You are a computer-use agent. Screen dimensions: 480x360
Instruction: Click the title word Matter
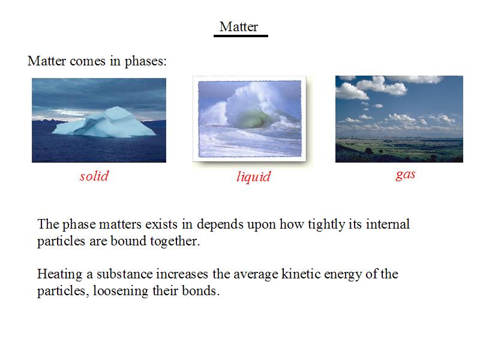pyautogui.click(x=239, y=26)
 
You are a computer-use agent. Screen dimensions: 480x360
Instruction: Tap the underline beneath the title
pyautogui.click(x=241, y=36)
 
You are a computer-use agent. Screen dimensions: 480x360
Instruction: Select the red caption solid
pyautogui.click(x=94, y=176)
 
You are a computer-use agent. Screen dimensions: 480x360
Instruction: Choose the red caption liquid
pyautogui.click(x=254, y=177)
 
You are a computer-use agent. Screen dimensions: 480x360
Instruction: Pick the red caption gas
pyautogui.click(x=406, y=175)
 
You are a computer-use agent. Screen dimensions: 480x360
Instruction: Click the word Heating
pyautogui.click(x=59, y=274)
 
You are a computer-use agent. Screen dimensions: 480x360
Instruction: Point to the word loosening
pyautogui.click(x=121, y=291)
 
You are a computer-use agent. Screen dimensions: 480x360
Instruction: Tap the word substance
pyautogui.click(x=125, y=274)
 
